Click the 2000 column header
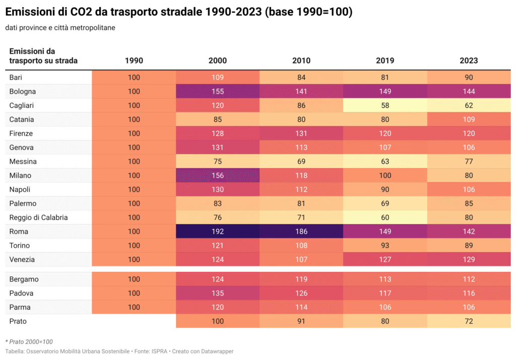[x=218, y=60]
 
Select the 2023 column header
[x=469, y=60]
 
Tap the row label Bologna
[x=23, y=92]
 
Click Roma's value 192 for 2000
[x=218, y=232]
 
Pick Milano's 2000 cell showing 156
[x=218, y=176]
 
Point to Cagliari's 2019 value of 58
[x=385, y=106]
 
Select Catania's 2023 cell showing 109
[x=469, y=120]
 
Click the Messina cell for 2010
[x=301, y=162]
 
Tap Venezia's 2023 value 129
[x=469, y=260]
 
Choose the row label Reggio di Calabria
[x=38, y=218]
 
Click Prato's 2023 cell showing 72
[x=469, y=321]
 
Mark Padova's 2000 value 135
[x=218, y=294]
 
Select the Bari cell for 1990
[x=134, y=78]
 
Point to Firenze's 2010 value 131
[x=301, y=133]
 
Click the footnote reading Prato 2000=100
[x=29, y=342]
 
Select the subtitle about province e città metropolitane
[x=60, y=28]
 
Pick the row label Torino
[x=20, y=246]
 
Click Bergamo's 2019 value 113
[x=385, y=279]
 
